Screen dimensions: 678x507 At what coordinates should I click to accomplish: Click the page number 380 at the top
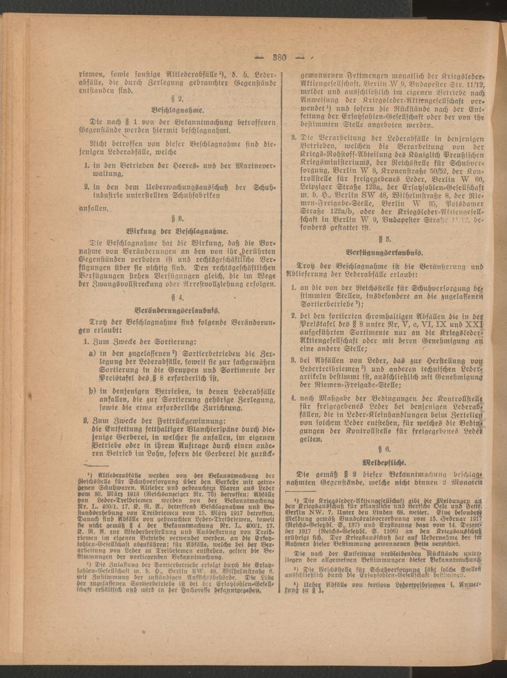click(280, 57)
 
